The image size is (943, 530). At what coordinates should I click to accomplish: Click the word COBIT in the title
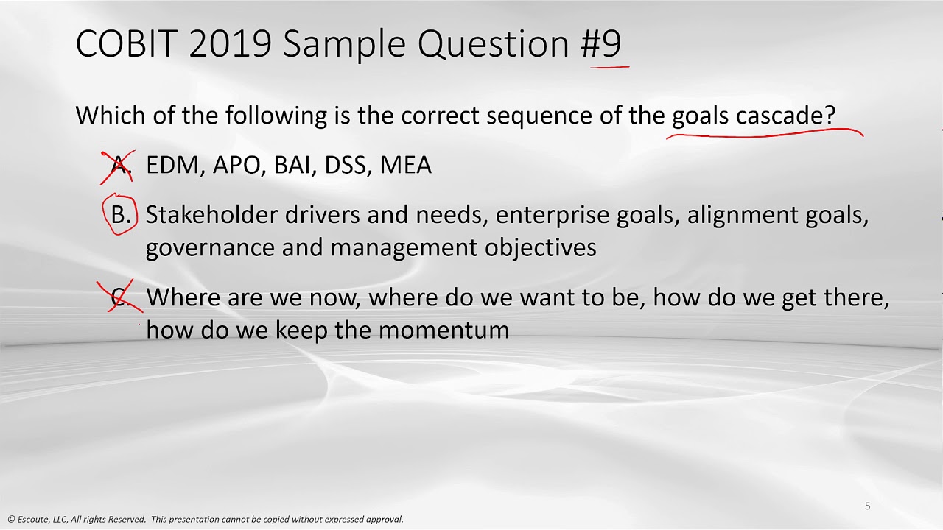[127, 43]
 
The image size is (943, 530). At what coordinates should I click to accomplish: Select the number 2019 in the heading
[231, 43]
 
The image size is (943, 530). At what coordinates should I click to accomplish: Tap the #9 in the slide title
[601, 43]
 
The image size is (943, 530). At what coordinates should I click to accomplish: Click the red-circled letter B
[120, 214]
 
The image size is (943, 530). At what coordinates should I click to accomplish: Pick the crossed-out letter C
[120, 297]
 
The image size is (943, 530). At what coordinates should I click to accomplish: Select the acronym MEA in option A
[405, 165]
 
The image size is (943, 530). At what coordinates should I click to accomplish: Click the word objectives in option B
[541, 247]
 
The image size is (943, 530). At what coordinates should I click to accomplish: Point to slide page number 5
[867, 506]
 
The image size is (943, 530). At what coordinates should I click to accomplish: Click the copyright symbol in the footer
[11, 520]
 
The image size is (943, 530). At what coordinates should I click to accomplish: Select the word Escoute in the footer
[34, 520]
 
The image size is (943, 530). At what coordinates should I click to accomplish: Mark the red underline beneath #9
[610, 66]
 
